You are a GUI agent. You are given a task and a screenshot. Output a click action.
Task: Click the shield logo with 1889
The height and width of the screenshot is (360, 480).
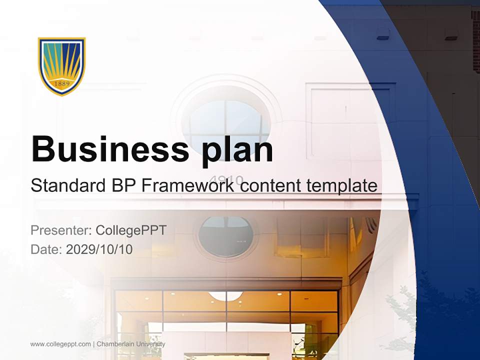pyautogui.click(x=62, y=65)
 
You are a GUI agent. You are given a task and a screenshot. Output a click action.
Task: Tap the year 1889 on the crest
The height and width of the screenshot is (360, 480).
pyautogui.click(x=61, y=83)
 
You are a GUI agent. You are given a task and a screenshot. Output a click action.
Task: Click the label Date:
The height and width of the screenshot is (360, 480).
pyautogui.click(x=46, y=249)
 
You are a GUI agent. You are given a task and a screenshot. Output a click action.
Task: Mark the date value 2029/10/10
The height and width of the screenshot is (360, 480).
pyautogui.click(x=99, y=249)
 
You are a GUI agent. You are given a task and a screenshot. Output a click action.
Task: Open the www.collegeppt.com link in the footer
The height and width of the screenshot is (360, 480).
pyautogui.click(x=60, y=344)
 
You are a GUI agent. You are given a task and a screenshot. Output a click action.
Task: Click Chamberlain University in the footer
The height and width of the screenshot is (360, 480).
pyautogui.click(x=131, y=344)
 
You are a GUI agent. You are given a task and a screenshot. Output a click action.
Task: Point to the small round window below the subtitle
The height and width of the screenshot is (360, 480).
pyautogui.click(x=226, y=237)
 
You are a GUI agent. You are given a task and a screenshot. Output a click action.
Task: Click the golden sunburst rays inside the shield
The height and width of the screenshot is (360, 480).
pyautogui.click(x=62, y=60)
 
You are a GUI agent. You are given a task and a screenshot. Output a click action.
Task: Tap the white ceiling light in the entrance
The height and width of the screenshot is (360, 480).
pyautogui.click(x=226, y=296)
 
